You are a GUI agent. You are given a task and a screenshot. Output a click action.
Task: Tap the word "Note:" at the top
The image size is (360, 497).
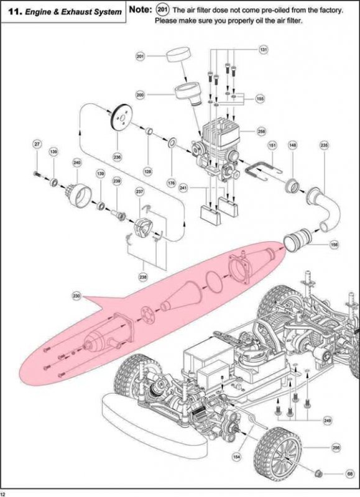point(140,10)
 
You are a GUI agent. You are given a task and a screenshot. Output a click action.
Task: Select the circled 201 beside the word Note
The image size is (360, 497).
point(162,10)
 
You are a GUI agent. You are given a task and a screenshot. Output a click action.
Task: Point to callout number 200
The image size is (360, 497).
point(140,95)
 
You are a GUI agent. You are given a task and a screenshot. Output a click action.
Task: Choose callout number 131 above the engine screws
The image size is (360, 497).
point(263,48)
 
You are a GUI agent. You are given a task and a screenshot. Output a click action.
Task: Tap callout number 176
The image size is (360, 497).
point(171,183)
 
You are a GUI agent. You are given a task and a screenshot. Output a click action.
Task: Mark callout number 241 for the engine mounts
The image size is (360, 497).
point(183,187)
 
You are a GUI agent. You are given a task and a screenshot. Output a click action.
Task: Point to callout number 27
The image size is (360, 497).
point(37,144)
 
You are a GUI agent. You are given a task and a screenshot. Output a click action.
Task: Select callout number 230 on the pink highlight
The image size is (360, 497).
point(76,295)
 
